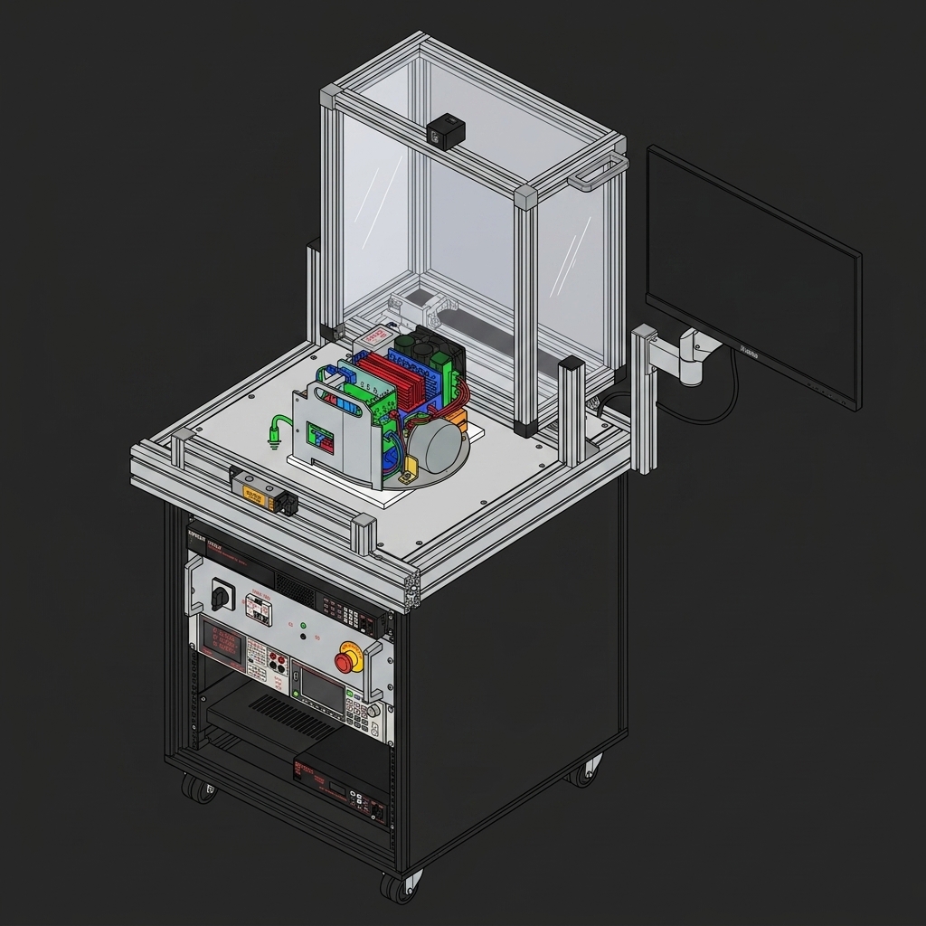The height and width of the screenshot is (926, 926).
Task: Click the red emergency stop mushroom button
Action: (345, 661)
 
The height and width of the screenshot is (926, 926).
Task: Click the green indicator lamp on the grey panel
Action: (304, 625)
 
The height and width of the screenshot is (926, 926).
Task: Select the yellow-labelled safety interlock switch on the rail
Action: (255, 492)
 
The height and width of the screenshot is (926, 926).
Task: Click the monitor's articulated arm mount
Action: (692, 353)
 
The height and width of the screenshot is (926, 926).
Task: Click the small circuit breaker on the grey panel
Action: (260, 610)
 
